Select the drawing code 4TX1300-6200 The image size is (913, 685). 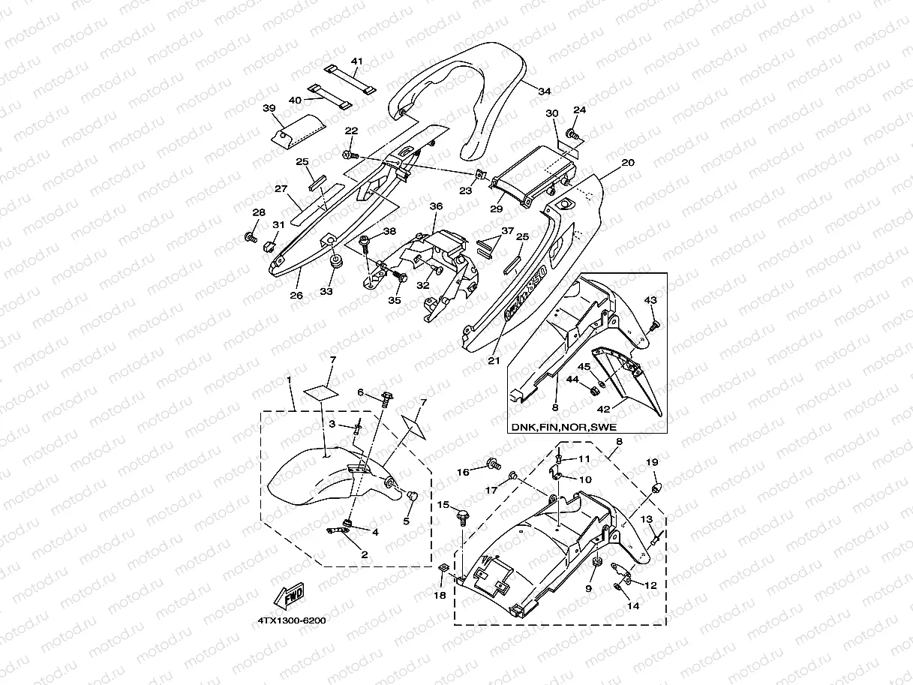point(291,620)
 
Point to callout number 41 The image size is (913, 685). point(356,61)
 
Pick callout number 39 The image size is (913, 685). point(269,108)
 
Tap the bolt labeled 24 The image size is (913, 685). point(574,135)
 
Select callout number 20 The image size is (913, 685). point(628,163)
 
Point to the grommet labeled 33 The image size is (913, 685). point(332,264)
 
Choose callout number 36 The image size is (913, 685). point(436,206)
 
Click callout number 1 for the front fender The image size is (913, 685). point(289,380)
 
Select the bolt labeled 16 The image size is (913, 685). point(492,466)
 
